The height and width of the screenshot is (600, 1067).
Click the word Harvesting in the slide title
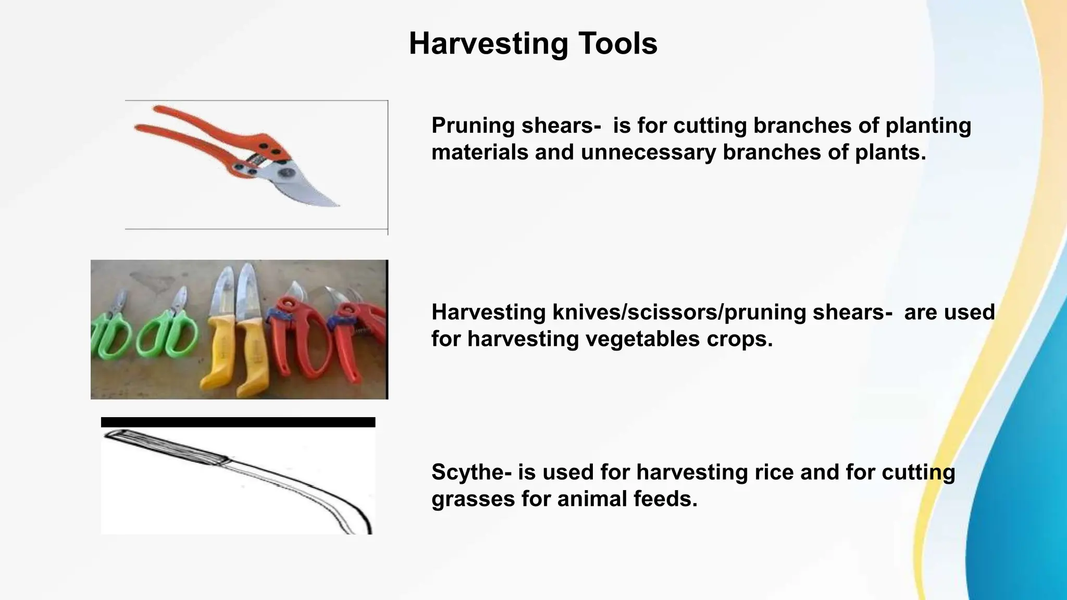(x=488, y=44)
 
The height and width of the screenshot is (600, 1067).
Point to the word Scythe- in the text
(x=471, y=472)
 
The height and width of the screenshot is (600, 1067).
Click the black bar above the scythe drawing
(x=238, y=422)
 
